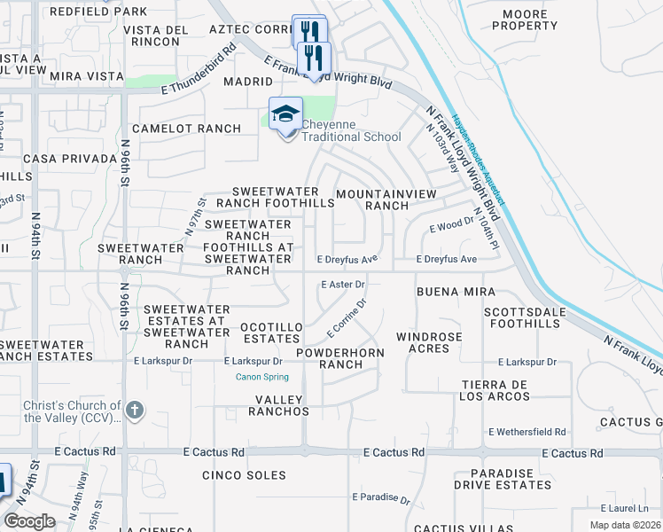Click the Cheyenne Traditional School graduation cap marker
(285, 115)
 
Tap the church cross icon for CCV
(134, 410)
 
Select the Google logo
(29, 521)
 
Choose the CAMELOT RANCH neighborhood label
(186, 129)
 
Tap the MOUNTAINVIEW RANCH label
(373, 199)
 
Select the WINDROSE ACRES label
(429, 342)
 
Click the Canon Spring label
(261, 377)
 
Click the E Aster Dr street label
(342, 285)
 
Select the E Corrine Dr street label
(347, 318)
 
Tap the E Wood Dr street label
(451, 227)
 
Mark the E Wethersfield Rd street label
(526, 432)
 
